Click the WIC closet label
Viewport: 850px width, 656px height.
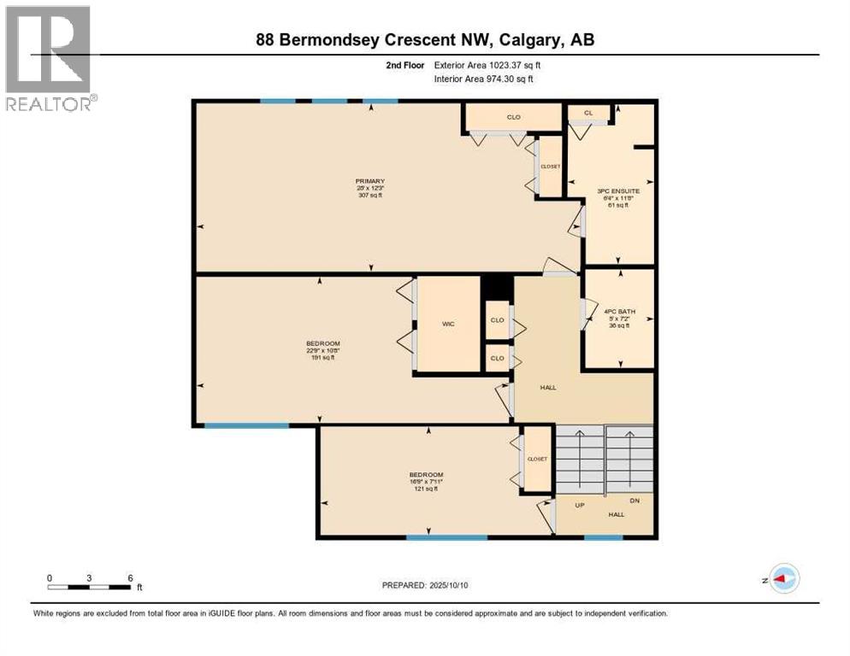(447, 325)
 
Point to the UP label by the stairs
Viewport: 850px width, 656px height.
(579, 505)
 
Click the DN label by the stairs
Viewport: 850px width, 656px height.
(634, 501)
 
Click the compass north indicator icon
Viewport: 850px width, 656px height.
(783, 578)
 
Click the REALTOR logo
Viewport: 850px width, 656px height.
(50, 58)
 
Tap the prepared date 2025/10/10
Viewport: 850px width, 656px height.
(425, 585)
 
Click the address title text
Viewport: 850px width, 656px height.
(425, 39)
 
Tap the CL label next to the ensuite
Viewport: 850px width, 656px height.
(588, 112)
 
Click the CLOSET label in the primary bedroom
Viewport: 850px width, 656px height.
(550, 167)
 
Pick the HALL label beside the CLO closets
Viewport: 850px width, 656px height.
(548, 387)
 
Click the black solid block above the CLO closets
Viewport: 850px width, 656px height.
(497, 288)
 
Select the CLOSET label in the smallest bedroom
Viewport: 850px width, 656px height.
(537, 459)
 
